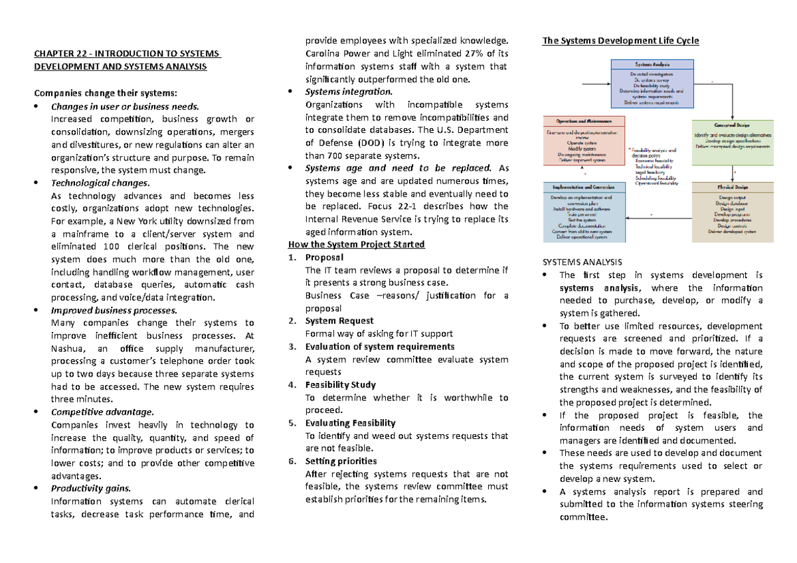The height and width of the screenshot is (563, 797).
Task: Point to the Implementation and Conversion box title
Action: [x=584, y=188]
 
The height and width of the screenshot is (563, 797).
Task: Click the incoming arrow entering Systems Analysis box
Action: [x=598, y=84]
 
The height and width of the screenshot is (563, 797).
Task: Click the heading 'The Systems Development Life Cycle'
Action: [x=620, y=41]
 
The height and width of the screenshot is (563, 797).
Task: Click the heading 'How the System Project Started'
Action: [x=357, y=244]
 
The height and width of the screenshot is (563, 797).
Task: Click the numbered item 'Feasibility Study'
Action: [x=340, y=384]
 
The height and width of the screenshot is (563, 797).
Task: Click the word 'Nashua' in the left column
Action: [x=66, y=349]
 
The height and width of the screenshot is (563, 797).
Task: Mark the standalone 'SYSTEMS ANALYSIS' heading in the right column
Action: [x=582, y=262]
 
